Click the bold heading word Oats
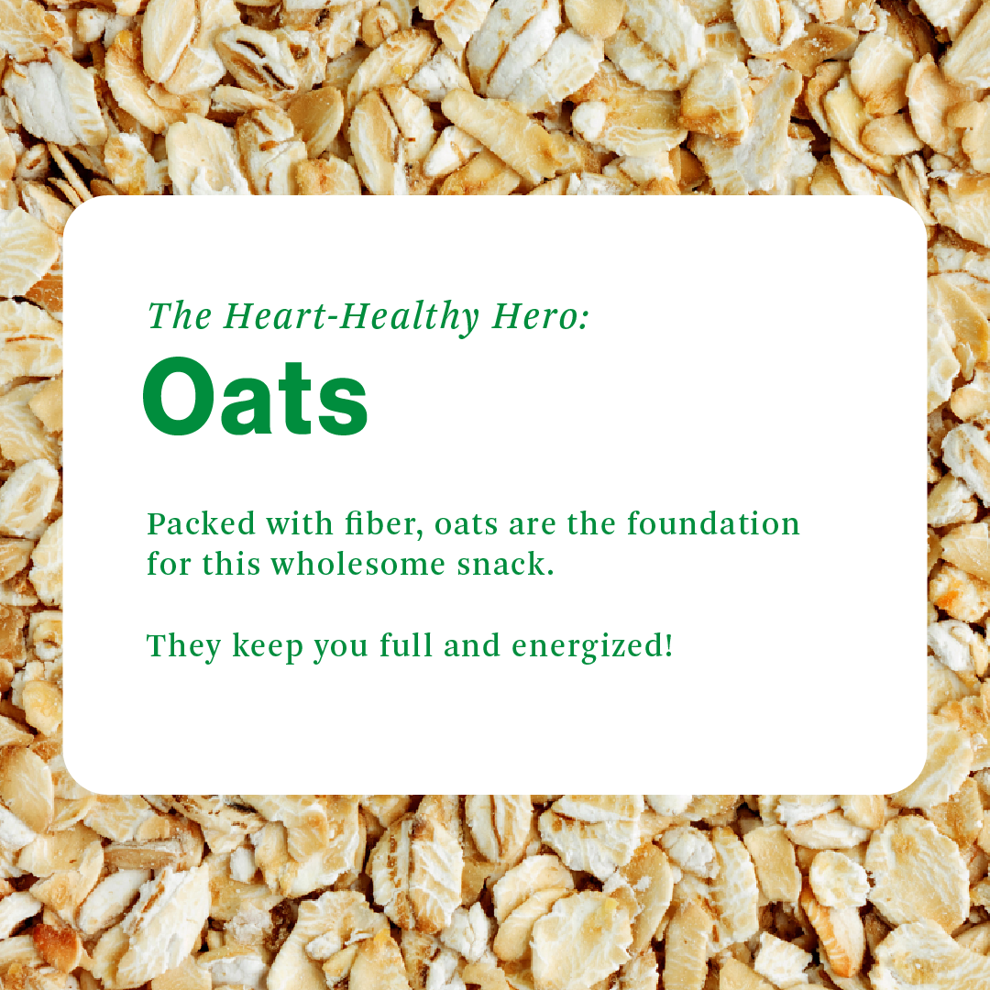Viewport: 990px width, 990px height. tap(255, 397)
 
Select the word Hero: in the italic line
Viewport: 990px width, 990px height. tap(541, 315)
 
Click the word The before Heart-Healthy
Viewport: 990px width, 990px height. tap(180, 315)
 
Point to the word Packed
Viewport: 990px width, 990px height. tap(202, 523)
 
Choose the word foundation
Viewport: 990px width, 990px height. tap(713, 523)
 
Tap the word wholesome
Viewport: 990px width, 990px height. tap(358, 564)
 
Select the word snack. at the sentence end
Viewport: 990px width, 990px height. tap(506, 564)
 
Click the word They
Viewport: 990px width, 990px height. tap(183, 646)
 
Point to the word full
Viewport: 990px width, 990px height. tap(405, 645)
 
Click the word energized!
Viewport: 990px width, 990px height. tap(592, 646)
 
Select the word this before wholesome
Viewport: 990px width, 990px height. tap(231, 564)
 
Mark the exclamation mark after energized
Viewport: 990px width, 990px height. tap(668, 645)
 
